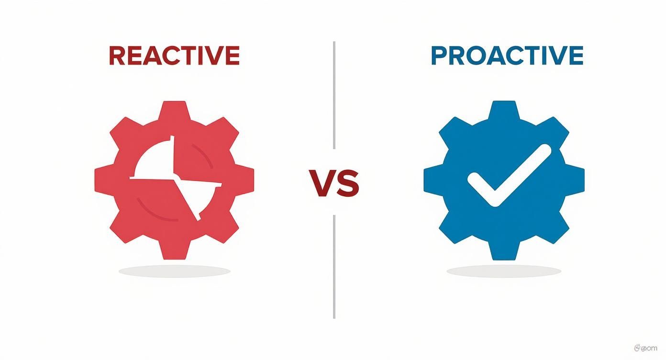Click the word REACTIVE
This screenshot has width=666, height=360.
point(174,56)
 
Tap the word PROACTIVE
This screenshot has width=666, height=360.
point(507,56)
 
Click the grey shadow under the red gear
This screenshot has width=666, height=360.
point(174,271)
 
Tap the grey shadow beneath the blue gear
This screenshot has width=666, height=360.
point(504,271)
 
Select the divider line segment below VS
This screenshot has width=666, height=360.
point(334,266)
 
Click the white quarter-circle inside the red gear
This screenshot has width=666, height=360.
point(153,160)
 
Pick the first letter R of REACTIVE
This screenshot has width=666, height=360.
point(117,56)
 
